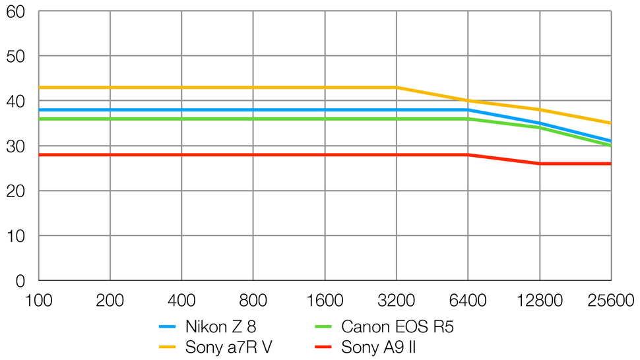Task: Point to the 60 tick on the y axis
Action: (15, 12)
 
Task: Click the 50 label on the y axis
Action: (15, 57)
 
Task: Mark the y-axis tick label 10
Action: (15, 236)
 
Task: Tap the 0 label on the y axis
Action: (20, 281)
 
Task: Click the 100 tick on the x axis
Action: (38, 301)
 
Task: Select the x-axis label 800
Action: (253, 301)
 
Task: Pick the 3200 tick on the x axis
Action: (397, 301)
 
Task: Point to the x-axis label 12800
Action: (539, 301)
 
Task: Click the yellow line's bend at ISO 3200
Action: (397, 87)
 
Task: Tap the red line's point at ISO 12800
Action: (540, 164)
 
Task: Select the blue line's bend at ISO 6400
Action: (468, 110)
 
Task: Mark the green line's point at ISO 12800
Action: (540, 128)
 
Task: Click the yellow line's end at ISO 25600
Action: (611, 123)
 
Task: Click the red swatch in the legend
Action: (323, 347)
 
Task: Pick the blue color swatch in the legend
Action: (167, 326)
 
